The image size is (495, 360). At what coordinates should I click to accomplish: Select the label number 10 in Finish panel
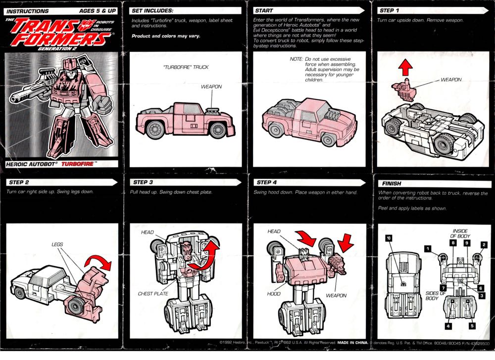(x=389, y=238)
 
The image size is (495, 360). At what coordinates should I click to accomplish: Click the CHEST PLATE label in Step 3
(x=153, y=294)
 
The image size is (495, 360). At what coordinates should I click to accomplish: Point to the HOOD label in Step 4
(x=273, y=294)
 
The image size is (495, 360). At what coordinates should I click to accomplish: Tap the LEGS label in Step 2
(x=57, y=244)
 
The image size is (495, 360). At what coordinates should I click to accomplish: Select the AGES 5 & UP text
(x=98, y=10)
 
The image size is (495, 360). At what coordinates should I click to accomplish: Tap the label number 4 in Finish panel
(x=447, y=325)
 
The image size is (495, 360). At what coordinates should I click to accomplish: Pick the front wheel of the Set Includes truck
(x=218, y=130)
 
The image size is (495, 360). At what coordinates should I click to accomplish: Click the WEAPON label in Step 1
(x=450, y=79)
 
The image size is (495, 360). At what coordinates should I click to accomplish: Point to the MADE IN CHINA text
(x=353, y=342)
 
